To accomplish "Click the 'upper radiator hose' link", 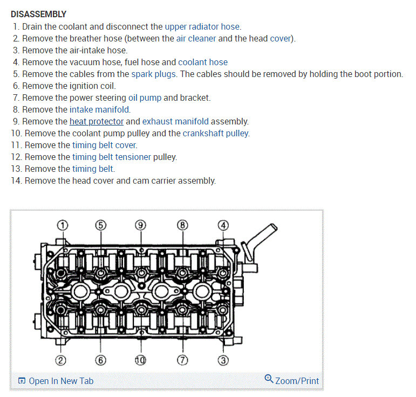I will [202, 26].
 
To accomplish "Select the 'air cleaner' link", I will [196, 38].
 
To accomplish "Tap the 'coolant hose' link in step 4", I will [203, 62].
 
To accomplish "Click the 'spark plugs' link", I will [153, 74].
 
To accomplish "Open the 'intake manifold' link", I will [100, 109].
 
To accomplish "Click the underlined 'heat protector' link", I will [97, 121].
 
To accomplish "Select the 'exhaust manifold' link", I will [175, 121].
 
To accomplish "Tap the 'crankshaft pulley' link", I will [216, 133].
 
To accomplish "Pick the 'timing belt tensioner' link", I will [112, 157].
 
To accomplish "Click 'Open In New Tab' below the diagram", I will [56, 381].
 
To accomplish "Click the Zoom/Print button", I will [292, 380].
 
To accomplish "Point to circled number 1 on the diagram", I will [63, 225].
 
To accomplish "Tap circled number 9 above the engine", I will [141, 225].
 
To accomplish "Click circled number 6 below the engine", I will [100, 360].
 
